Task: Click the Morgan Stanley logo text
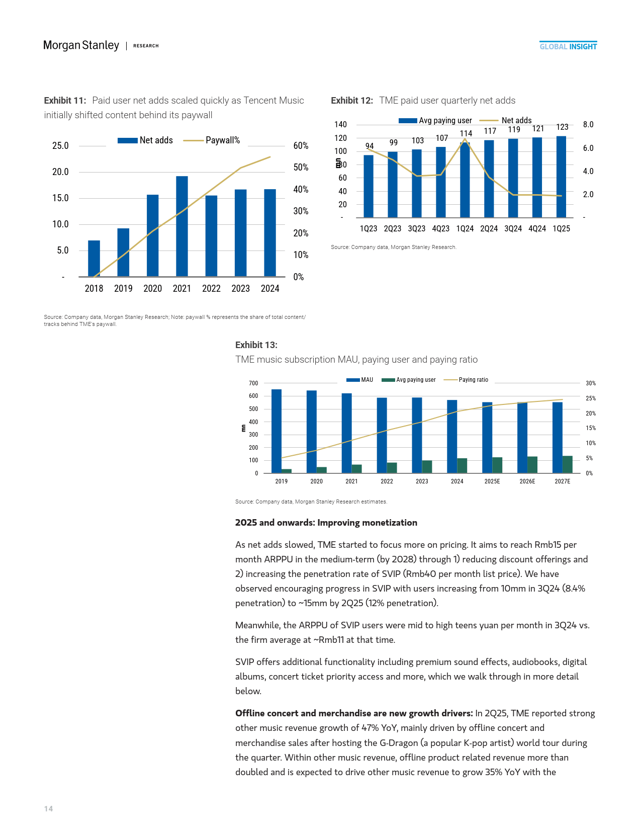[x=81, y=45]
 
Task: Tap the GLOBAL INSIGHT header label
[x=568, y=46]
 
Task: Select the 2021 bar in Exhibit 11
[x=182, y=226]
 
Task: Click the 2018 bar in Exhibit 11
[x=94, y=259]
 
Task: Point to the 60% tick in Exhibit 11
[x=301, y=146]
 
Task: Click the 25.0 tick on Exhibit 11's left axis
[x=60, y=146]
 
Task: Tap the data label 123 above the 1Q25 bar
[x=562, y=127]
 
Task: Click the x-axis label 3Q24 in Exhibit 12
[x=513, y=229]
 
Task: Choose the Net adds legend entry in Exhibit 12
[x=506, y=121]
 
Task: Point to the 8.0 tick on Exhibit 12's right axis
[x=588, y=125]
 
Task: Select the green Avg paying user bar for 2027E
[x=567, y=464]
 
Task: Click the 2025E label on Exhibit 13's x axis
[x=492, y=481]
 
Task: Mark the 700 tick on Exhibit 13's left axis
[x=253, y=383]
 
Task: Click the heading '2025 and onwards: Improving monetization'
[x=326, y=523]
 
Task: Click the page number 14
[x=48, y=809]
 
